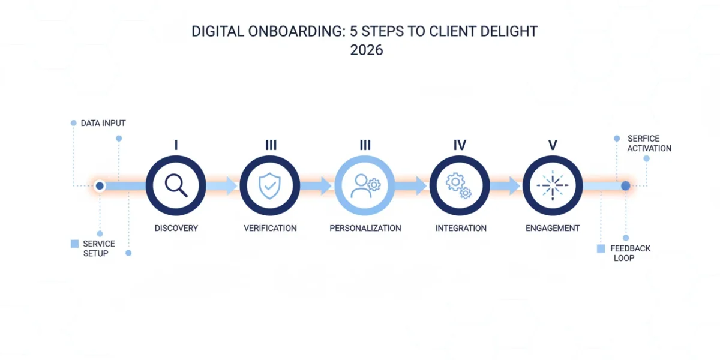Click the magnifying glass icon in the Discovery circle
176,185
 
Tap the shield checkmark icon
269,186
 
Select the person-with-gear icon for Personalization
365,186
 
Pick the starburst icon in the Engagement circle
553,185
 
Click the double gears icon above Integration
458,185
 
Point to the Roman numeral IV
460,145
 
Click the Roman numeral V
553,145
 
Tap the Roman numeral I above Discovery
176,145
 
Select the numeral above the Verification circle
271,145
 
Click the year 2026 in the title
367,50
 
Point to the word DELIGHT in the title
509,31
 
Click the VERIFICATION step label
270,228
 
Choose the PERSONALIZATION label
365,228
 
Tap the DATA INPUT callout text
103,123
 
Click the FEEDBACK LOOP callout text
630,253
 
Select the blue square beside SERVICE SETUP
74,244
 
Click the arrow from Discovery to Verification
221,186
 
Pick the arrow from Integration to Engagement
505,186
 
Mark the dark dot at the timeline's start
100,186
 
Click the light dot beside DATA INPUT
74,123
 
